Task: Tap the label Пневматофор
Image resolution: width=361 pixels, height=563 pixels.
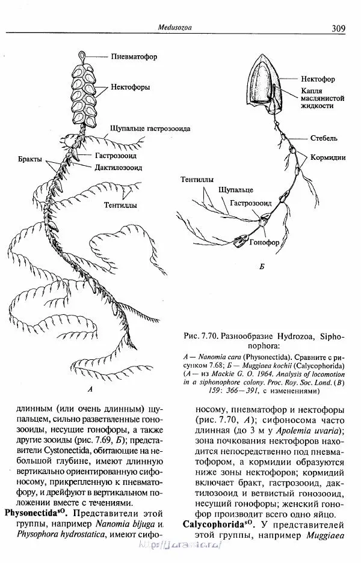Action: click(x=134, y=58)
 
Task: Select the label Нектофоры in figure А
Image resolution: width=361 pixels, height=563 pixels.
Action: click(x=130, y=87)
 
